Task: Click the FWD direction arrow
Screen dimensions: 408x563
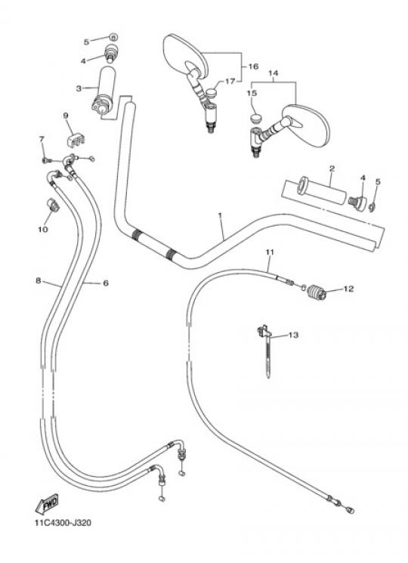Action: [48, 504]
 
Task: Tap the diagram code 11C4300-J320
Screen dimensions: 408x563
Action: [63, 522]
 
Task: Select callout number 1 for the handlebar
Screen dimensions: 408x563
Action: [220, 215]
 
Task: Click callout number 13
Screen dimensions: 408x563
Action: [293, 335]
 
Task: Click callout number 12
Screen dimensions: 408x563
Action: [348, 289]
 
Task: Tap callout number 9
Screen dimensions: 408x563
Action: [66, 116]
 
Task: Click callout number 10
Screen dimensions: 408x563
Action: [43, 229]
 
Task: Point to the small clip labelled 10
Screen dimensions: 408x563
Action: [53, 205]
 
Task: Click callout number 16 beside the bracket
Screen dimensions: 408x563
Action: [253, 66]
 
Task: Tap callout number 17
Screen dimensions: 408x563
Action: [230, 82]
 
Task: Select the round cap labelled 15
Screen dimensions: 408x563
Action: [255, 119]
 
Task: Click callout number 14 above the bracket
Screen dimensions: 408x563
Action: [274, 73]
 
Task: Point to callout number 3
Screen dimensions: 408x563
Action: [79, 88]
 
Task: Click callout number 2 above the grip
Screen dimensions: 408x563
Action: [332, 168]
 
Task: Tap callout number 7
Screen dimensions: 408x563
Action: [42, 138]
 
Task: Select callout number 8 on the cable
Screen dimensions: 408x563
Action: [39, 280]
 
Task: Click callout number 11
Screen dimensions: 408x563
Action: [270, 252]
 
